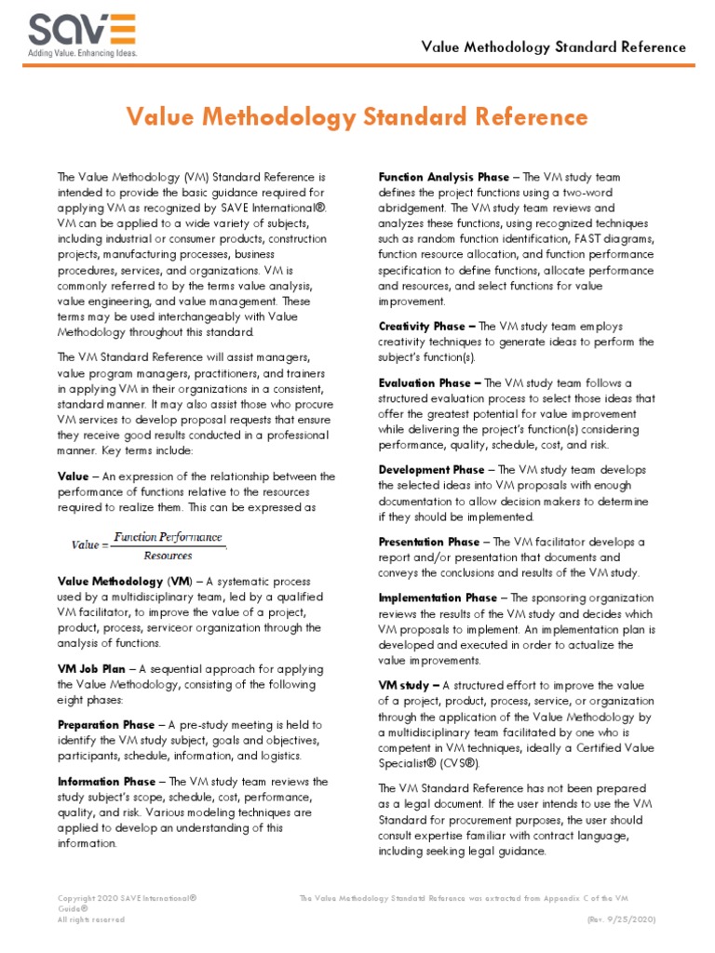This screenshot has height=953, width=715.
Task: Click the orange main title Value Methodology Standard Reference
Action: pos(357,116)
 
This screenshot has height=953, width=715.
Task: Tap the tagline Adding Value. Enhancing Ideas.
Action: pos(82,53)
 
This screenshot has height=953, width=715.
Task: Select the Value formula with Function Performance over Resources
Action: pos(149,546)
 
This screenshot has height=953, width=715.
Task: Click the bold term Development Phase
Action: pos(431,470)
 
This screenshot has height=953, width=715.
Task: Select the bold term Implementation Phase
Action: pos(438,597)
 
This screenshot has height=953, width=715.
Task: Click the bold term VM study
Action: pos(402,685)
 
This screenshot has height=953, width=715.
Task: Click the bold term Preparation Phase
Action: pos(105,725)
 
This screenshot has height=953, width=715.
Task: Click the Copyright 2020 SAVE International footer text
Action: pos(127,898)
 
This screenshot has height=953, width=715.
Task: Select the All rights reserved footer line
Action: pos(91,919)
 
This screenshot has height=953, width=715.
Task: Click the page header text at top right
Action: pos(554,47)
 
